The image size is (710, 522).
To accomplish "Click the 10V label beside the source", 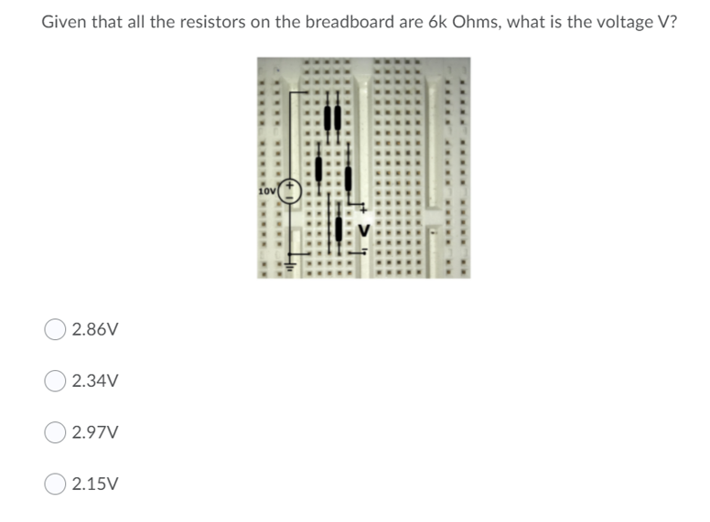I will (x=266, y=191).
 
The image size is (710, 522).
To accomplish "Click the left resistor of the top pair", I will (x=328, y=117).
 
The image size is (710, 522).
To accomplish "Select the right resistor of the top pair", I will (x=337, y=117).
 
